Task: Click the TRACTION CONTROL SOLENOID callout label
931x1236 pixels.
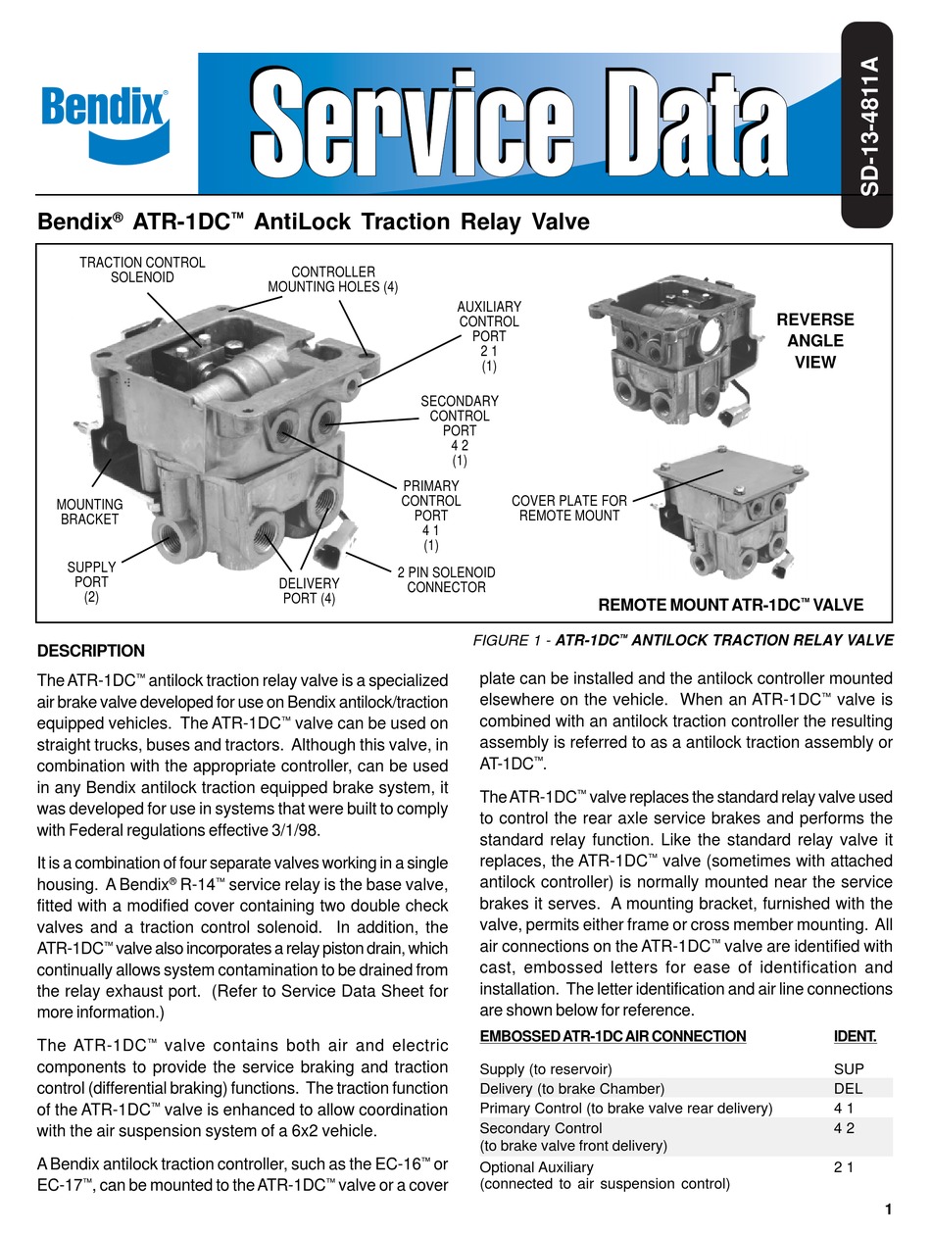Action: click(x=142, y=270)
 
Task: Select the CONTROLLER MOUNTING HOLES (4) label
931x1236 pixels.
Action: click(x=333, y=279)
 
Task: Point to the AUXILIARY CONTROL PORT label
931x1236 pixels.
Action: click(x=489, y=336)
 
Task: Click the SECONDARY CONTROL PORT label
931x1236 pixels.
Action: click(x=460, y=430)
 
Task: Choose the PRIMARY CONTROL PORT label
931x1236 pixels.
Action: click(x=430, y=515)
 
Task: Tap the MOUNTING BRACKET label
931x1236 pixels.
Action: click(x=89, y=512)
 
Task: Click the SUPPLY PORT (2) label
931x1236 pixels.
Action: click(x=91, y=581)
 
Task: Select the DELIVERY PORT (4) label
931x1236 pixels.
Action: click(x=309, y=591)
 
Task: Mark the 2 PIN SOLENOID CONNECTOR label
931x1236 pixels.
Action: click(x=446, y=579)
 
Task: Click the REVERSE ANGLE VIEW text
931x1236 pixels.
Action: click(x=814, y=341)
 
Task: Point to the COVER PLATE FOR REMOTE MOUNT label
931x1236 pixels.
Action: click(x=569, y=508)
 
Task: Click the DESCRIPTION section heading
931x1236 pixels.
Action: click(x=90, y=651)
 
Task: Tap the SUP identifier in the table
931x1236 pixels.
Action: click(x=849, y=1068)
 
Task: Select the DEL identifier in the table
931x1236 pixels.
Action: click(x=848, y=1088)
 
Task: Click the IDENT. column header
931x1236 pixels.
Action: click(x=855, y=1036)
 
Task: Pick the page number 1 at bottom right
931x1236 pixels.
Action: click(x=888, y=1210)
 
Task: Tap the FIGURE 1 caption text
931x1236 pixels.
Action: click(x=683, y=640)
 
